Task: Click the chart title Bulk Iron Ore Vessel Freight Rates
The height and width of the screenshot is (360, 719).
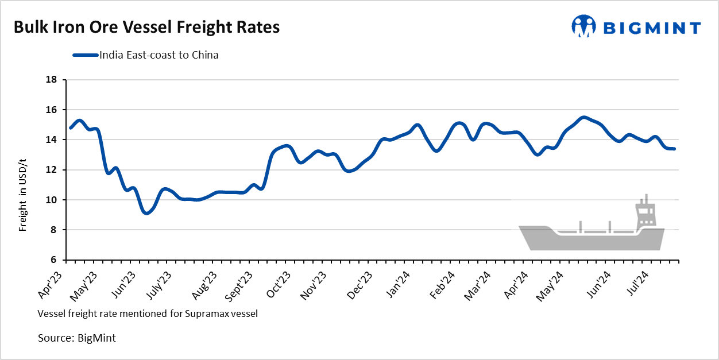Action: (x=146, y=28)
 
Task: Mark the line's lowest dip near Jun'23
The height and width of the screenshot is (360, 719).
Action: (x=147, y=212)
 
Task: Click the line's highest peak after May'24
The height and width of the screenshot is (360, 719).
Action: (x=583, y=118)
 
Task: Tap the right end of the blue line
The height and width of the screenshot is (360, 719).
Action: (x=674, y=149)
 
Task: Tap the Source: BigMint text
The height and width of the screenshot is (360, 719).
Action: (x=76, y=338)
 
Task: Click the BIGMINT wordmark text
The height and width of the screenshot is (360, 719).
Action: (x=651, y=28)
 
